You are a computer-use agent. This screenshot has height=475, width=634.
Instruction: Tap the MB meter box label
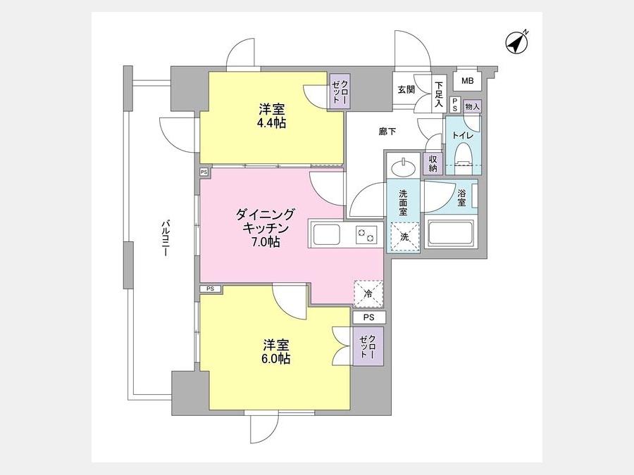[468, 81]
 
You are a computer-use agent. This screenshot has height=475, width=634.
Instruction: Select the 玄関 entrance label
[406, 89]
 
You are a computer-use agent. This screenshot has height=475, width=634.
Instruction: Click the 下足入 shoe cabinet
[439, 94]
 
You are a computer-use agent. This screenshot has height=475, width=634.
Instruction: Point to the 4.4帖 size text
[271, 123]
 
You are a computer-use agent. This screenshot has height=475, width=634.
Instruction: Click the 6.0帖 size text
[275, 359]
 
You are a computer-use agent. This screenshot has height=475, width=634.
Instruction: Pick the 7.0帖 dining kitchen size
[266, 242]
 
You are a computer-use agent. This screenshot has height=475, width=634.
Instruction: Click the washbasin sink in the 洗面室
[403, 166]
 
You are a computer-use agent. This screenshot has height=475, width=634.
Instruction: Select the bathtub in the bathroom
[450, 234]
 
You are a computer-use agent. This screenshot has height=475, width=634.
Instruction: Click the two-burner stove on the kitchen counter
[366, 234]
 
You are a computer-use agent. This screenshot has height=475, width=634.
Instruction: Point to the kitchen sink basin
[326, 234]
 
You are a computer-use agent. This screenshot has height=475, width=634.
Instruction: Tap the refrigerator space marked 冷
[368, 293]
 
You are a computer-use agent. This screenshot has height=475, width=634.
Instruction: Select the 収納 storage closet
[433, 163]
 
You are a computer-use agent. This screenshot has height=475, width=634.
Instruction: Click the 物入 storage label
[472, 107]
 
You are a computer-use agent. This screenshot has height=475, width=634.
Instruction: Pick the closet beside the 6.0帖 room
[368, 346]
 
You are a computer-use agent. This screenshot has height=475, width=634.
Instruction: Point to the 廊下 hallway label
[387, 132]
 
